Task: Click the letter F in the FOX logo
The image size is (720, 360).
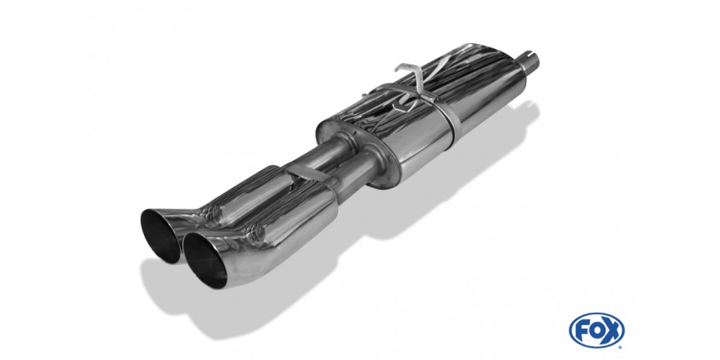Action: (582, 331)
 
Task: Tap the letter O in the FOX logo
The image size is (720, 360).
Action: (596, 331)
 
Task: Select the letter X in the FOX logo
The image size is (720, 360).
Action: (612, 331)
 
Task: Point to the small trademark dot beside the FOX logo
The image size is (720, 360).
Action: (621, 347)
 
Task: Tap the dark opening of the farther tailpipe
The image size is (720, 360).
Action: (160, 236)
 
